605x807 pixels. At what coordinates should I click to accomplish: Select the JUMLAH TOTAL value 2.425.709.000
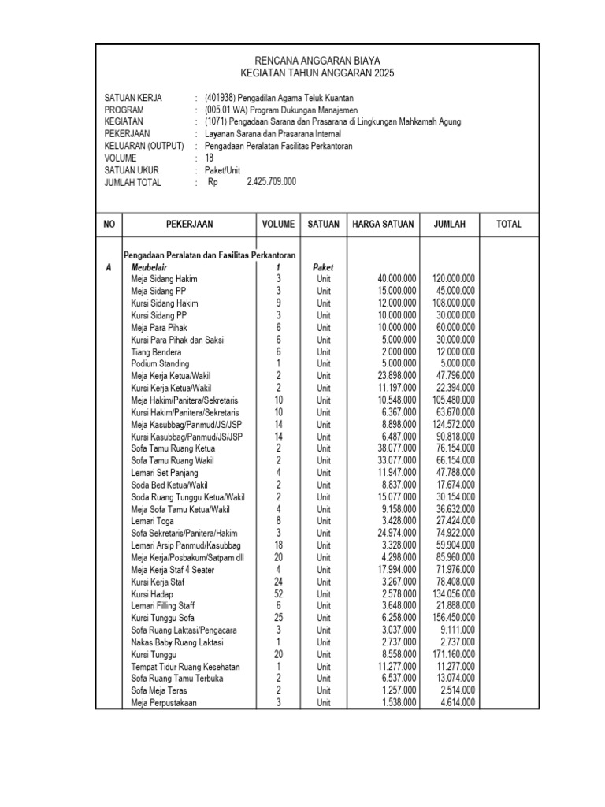pos(271,182)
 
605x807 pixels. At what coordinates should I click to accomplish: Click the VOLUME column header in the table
pos(278,225)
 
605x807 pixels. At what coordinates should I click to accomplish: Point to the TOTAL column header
pos(509,225)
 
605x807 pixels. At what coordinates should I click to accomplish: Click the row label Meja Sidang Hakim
pos(164,279)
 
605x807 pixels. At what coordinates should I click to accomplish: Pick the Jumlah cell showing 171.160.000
pos(453,655)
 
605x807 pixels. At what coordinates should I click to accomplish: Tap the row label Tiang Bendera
pos(156,351)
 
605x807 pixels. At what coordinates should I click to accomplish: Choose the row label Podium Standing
pos(160,364)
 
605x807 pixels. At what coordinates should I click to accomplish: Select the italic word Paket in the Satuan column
pos(323,267)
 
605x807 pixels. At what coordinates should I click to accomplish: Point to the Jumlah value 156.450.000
pos(453,619)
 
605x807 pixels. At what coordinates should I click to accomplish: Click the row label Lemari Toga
pos(152,521)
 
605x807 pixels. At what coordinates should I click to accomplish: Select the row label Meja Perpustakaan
pos(165,703)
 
